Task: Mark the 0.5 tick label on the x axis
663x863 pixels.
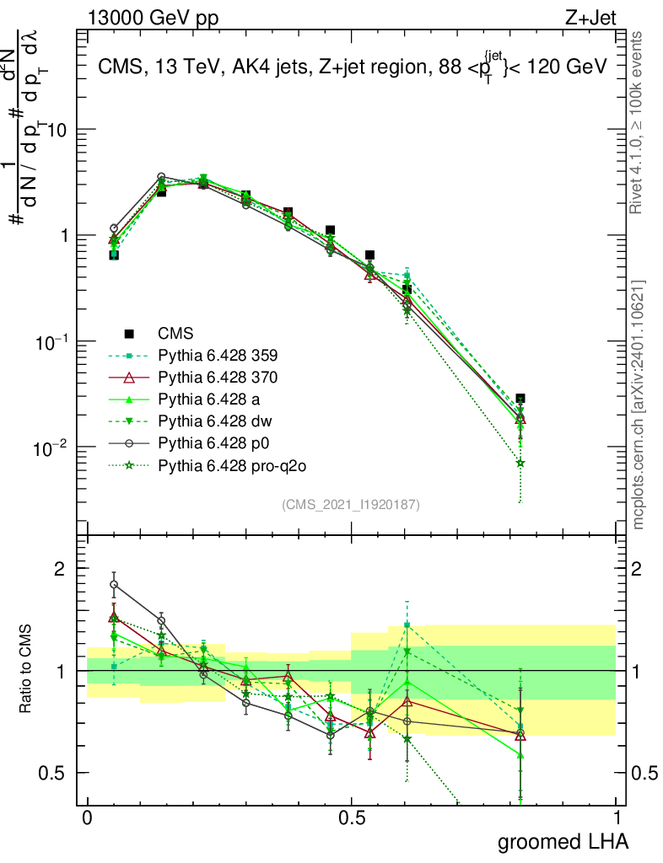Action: [x=352, y=817]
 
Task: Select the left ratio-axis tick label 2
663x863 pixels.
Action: [x=60, y=570]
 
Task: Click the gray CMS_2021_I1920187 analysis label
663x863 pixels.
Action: [x=351, y=504]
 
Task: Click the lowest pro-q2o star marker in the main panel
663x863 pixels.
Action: [x=520, y=463]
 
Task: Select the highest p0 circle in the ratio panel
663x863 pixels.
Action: [x=114, y=584]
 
